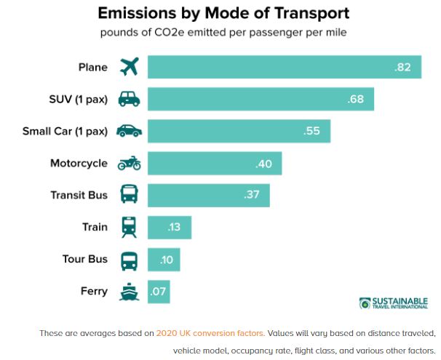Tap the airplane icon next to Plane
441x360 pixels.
pos(129,67)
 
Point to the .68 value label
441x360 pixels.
pos(356,99)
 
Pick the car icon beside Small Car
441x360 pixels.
pos(129,132)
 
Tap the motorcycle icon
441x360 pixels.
pos(129,164)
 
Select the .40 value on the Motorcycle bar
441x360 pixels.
pos(263,164)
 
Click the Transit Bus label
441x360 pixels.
pos(79,195)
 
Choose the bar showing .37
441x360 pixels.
pos(208,195)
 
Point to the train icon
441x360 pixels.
pos(129,227)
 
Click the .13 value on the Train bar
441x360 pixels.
pos(173,227)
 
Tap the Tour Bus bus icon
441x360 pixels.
pos(129,260)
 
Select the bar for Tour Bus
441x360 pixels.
pos(164,260)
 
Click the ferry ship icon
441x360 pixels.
pos(129,292)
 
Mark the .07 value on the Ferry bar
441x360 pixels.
pos(158,292)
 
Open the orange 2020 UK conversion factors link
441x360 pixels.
pos(210,333)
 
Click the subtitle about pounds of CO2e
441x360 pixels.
pos(223,33)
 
